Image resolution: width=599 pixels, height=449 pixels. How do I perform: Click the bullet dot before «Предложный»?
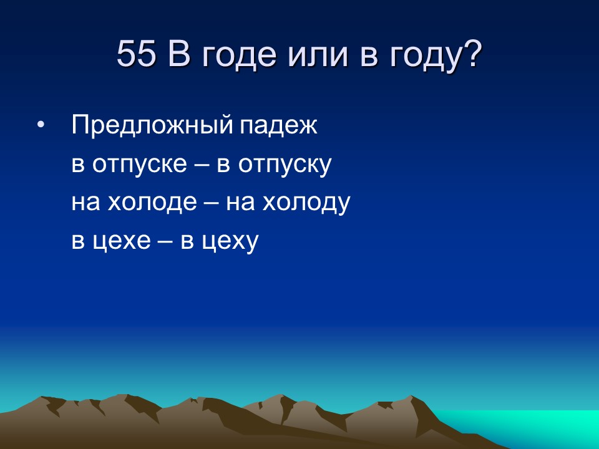(41, 127)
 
